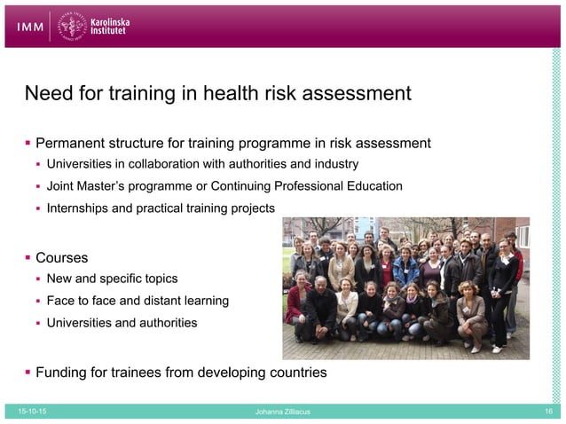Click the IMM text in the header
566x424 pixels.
tap(32, 27)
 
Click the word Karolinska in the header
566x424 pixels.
tap(116, 20)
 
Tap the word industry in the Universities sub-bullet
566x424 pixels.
tap(334, 164)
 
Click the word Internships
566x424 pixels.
tap(82, 208)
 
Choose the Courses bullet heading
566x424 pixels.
tap(61, 258)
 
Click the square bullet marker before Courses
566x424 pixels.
tap(28, 258)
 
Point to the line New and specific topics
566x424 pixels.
tap(112, 279)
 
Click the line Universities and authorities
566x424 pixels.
tap(122, 323)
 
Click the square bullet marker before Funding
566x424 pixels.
tap(28, 373)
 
